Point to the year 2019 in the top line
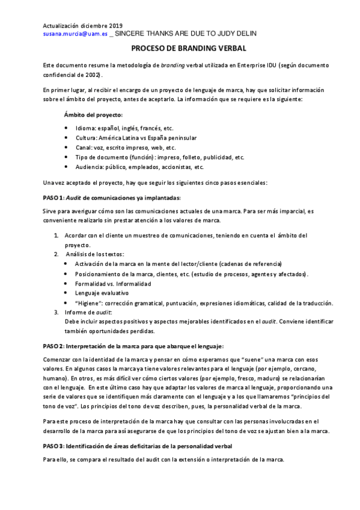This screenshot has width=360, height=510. (114, 26)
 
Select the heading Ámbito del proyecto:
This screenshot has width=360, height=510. (93, 114)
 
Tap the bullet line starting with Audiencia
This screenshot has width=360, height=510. (139, 167)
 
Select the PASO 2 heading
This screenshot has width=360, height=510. (141, 346)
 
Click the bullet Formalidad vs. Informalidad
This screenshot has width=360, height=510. (113, 283)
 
